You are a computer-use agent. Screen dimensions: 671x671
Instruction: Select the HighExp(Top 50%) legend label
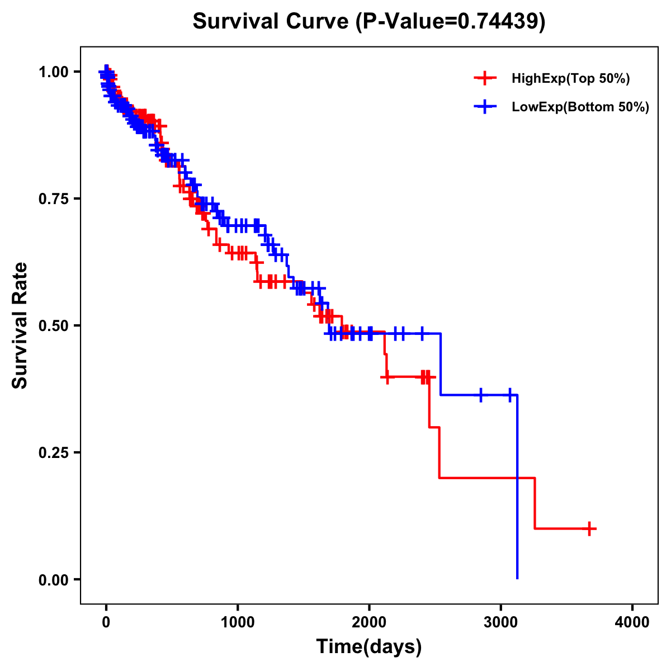coord(570,78)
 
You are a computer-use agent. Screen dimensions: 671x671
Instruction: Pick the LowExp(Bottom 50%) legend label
coord(580,107)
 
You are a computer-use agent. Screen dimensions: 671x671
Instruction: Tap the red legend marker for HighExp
coord(485,78)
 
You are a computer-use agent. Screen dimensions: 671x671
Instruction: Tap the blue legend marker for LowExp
coord(485,107)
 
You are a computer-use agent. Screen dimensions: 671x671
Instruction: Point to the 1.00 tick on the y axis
coord(53,72)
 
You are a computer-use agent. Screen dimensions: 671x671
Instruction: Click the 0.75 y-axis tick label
coord(53,199)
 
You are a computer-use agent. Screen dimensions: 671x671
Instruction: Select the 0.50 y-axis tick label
coord(53,325)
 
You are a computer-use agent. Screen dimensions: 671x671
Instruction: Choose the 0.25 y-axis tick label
coord(53,452)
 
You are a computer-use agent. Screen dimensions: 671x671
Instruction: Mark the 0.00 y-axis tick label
coord(53,579)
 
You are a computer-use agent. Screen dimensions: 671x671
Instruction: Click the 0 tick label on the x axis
coord(106,622)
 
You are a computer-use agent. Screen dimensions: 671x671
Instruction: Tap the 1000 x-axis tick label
coord(238,622)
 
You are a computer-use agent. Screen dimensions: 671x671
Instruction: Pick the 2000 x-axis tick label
coord(369,622)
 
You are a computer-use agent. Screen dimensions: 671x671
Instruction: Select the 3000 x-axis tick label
coord(501,622)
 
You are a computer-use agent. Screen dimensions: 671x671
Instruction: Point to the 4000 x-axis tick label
coord(632,622)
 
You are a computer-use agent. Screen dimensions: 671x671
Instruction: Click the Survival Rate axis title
coord(20,325)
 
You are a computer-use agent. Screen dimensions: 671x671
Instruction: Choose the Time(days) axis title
coord(369,647)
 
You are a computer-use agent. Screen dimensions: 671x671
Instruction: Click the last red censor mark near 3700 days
coord(589,528)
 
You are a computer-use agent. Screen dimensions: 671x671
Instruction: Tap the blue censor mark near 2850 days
coord(480,395)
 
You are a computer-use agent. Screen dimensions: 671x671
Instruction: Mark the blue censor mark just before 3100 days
coord(509,395)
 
